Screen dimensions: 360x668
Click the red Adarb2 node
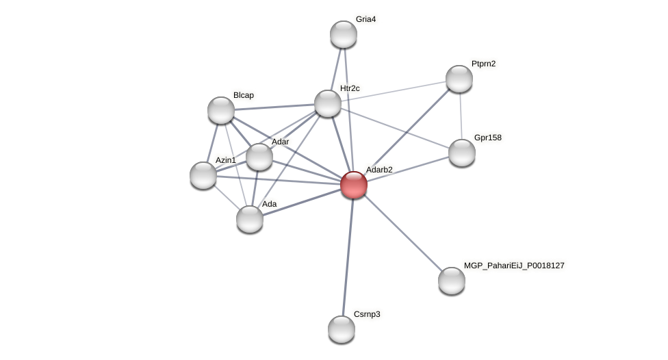pyautogui.click(x=354, y=185)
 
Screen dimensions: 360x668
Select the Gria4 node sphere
pyautogui.click(x=344, y=34)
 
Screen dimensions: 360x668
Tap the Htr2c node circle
pyautogui.click(x=328, y=103)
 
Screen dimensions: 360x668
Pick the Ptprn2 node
pyautogui.click(x=459, y=79)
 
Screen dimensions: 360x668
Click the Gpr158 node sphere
pyautogui.click(x=462, y=153)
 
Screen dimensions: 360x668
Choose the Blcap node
pyautogui.click(x=221, y=110)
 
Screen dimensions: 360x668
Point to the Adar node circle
pyautogui.click(x=259, y=157)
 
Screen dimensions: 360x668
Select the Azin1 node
pyautogui.click(x=203, y=175)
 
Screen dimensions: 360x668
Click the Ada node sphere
pyautogui.click(x=250, y=219)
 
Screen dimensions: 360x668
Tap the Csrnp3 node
pyautogui.click(x=342, y=329)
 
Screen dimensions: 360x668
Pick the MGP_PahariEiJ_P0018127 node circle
pyautogui.click(x=452, y=281)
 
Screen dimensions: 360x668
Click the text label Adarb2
pyautogui.click(x=379, y=170)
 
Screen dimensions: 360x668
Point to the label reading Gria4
pyautogui.click(x=365, y=19)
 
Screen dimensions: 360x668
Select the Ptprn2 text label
pyautogui.click(x=483, y=64)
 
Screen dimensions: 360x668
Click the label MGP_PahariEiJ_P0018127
pyautogui.click(x=514, y=266)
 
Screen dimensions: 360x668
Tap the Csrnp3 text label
pyautogui.click(x=367, y=314)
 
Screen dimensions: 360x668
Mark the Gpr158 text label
pyautogui.click(x=487, y=138)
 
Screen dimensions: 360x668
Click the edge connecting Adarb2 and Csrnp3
pyautogui.click(x=348, y=257)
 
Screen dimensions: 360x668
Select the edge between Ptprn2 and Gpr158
pyautogui.click(x=461, y=116)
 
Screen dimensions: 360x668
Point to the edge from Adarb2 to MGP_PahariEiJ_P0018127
pyautogui.click(x=402, y=233)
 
